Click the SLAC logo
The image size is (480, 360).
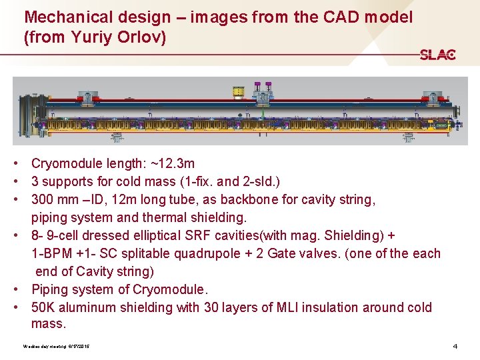[437, 55]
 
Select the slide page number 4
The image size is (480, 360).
[455, 347]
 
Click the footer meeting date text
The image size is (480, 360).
[57, 347]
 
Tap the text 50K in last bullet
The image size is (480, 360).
[45, 307]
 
